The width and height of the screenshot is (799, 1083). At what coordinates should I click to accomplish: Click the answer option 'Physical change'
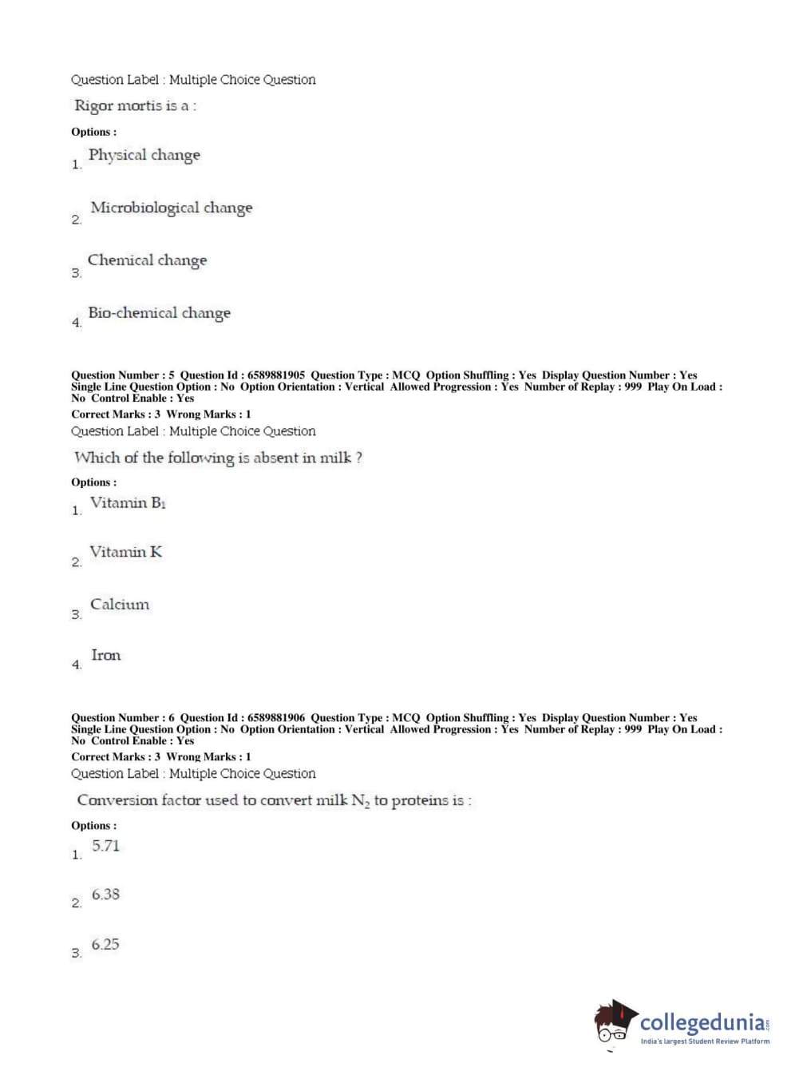click(144, 155)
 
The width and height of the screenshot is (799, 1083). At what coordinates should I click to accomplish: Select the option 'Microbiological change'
click(171, 208)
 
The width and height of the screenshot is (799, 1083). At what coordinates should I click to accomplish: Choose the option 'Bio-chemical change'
click(159, 313)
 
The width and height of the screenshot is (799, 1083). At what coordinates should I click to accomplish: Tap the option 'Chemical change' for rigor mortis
click(147, 260)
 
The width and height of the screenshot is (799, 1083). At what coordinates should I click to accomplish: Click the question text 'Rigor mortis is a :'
click(135, 105)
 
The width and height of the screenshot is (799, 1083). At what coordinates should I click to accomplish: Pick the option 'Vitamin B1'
click(128, 503)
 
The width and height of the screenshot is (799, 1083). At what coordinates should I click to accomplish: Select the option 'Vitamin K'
click(125, 552)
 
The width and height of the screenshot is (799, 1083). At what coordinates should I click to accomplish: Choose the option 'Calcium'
click(119, 605)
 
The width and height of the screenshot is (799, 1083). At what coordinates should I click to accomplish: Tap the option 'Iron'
click(105, 656)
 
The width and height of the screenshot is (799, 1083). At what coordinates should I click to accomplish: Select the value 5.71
click(105, 846)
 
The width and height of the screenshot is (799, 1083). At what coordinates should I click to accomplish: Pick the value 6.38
click(105, 895)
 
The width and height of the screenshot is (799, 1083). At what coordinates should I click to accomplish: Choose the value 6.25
click(105, 945)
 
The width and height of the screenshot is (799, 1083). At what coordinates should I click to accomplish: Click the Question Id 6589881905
click(276, 375)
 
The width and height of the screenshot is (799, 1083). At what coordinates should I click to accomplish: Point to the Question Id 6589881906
click(276, 718)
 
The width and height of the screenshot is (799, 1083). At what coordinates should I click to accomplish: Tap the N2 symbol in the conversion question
click(360, 801)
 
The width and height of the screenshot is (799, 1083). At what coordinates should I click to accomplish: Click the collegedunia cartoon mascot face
click(613, 1023)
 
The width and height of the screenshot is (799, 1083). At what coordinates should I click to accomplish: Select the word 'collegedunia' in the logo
click(702, 1023)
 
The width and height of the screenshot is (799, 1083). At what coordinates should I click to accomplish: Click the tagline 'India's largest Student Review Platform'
click(705, 1041)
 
